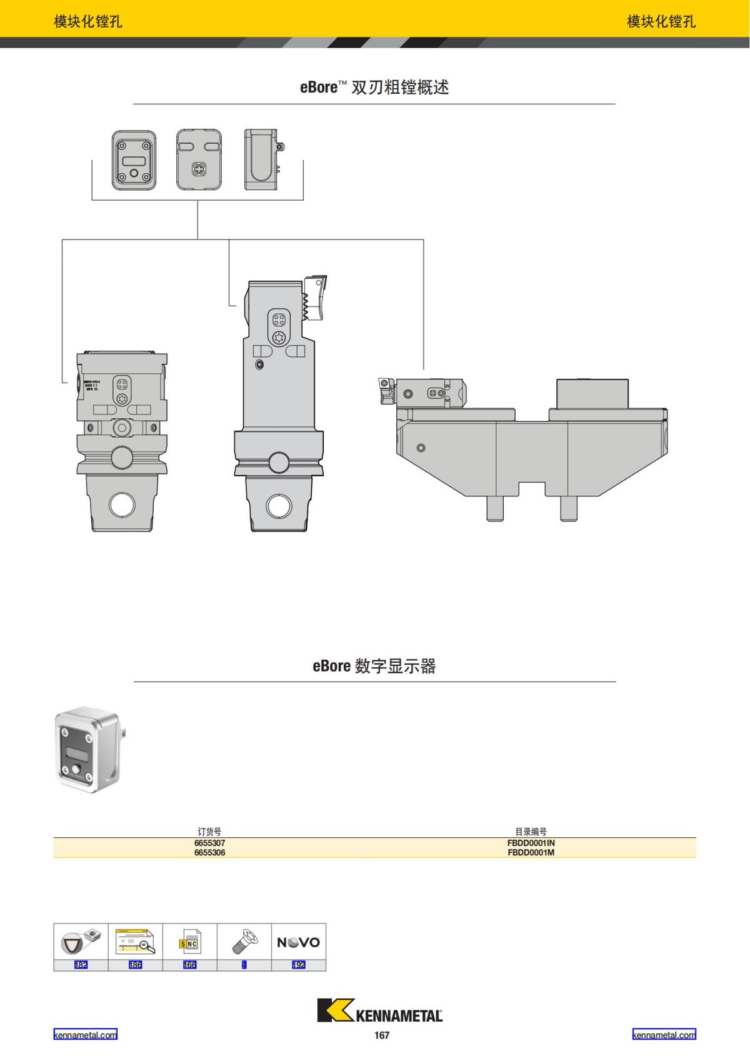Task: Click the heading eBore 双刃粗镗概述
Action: pyautogui.click(x=374, y=87)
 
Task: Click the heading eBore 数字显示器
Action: pyautogui.click(x=374, y=666)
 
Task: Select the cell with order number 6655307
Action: pyautogui.click(x=209, y=843)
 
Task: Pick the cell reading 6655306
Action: pyautogui.click(x=209, y=852)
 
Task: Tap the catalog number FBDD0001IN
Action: pyautogui.click(x=531, y=843)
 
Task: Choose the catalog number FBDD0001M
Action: pyautogui.click(x=531, y=852)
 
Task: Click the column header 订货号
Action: pyautogui.click(x=209, y=832)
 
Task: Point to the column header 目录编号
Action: pyautogui.click(x=531, y=832)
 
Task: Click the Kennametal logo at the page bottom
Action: pyautogui.click(x=379, y=1010)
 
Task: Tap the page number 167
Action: pyautogui.click(x=382, y=1035)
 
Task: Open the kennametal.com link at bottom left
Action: pyautogui.click(x=85, y=1035)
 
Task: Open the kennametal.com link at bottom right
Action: pyautogui.click(x=664, y=1035)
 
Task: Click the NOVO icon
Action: pyautogui.click(x=298, y=942)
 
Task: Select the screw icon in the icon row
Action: pyautogui.click(x=244, y=941)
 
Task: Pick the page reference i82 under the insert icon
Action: pyautogui.click(x=81, y=965)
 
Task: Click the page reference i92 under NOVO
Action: pyautogui.click(x=299, y=965)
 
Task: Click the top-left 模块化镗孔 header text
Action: pyautogui.click(x=88, y=21)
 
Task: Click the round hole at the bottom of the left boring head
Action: pyautogui.click(x=122, y=505)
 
